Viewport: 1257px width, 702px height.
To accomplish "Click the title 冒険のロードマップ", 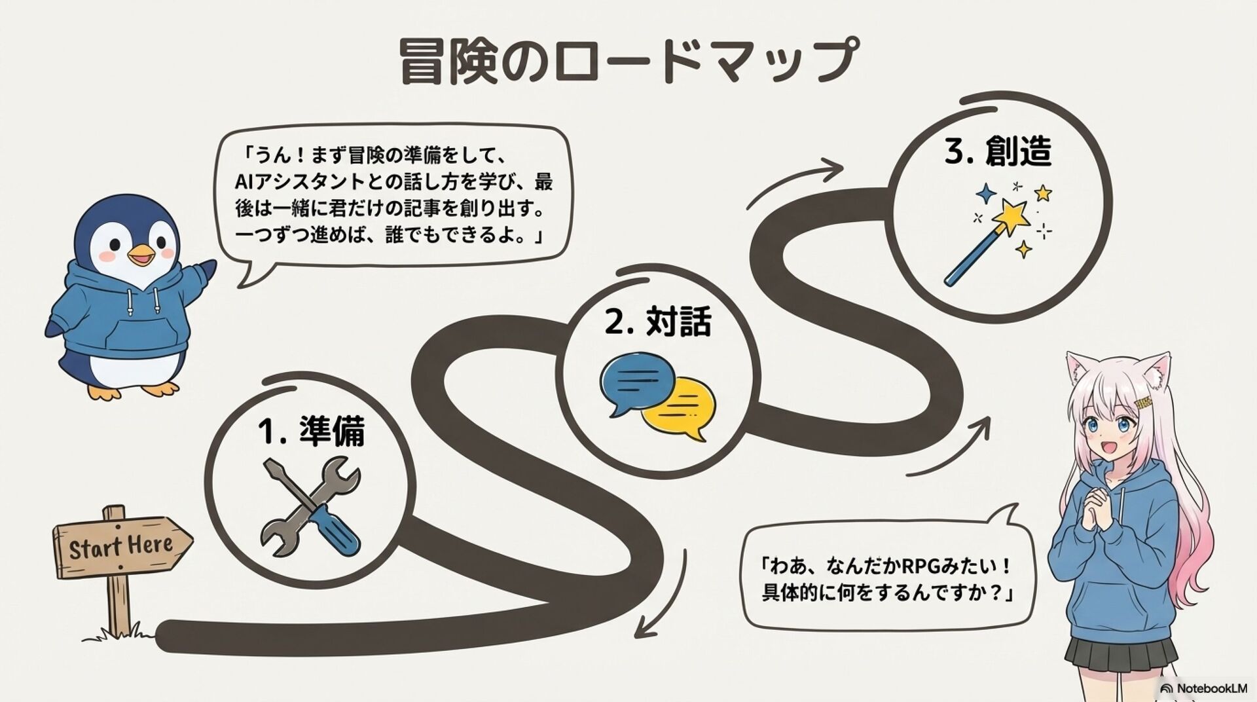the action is tap(627, 61).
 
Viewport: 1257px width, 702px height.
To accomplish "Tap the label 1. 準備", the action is tap(312, 432).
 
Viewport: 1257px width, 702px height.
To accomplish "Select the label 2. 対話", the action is tap(657, 322).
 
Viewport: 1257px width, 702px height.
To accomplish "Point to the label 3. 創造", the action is tap(997, 152).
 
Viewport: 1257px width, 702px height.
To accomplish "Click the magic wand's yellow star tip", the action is tap(1011, 215).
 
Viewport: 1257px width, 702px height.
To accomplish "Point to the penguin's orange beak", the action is tap(141, 255).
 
